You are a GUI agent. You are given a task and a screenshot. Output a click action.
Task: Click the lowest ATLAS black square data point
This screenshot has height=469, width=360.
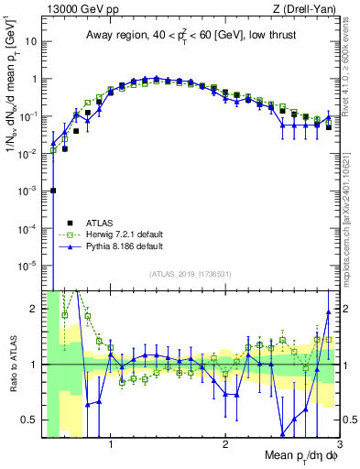pyautogui.click(x=53, y=191)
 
